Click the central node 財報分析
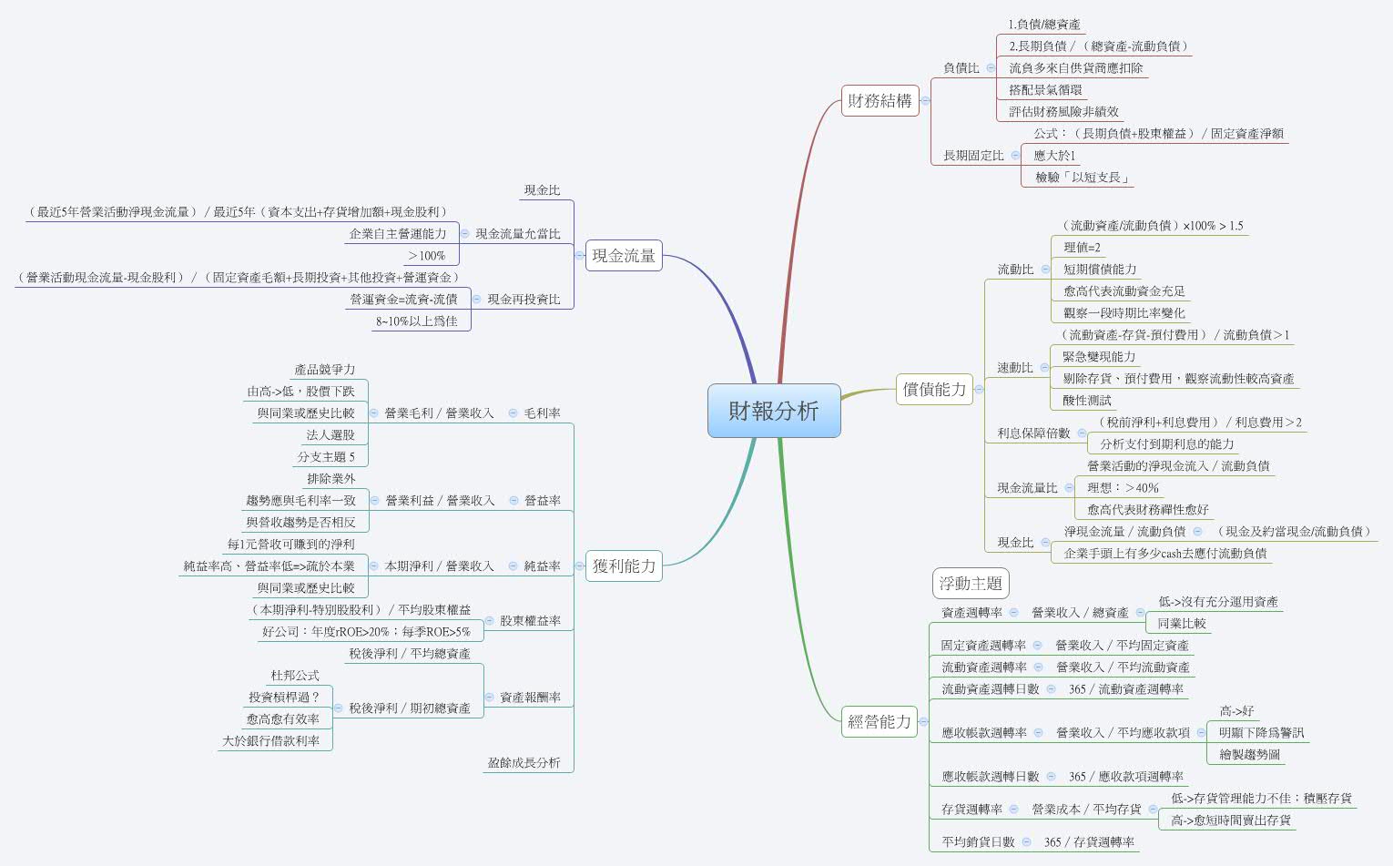(774, 411)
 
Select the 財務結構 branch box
(880, 100)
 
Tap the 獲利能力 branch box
(624, 565)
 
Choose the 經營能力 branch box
(880, 721)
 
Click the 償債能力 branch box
(934, 389)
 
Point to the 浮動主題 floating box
(971, 584)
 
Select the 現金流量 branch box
(624, 256)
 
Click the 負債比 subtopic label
(961, 68)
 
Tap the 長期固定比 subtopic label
(973, 156)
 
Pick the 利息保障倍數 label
(1033, 433)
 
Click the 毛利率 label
(542, 413)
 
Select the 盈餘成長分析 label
(524, 763)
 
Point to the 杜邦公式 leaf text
(295, 676)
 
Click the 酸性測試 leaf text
(1086, 401)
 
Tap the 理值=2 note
(1082, 248)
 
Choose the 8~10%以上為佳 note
(417, 321)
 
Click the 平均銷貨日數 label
(978, 842)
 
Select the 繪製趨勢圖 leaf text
(1249, 755)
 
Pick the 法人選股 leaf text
(330, 435)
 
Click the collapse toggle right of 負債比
(991, 68)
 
